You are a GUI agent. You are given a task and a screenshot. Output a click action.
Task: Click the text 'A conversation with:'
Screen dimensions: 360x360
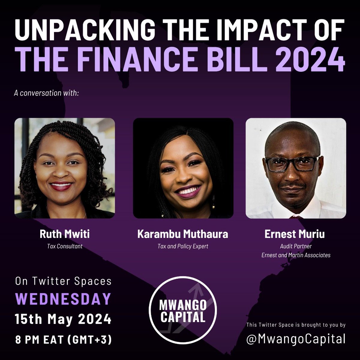coord(46,93)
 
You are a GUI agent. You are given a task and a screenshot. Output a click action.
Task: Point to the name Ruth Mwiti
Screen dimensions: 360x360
coord(64,234)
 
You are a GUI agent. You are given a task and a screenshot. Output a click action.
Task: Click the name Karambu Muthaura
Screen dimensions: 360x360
coord(183,234)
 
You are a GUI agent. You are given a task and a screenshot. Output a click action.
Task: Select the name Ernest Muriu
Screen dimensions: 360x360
coord(295,234)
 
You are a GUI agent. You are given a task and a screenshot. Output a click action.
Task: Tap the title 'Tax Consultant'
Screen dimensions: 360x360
coord(64,247)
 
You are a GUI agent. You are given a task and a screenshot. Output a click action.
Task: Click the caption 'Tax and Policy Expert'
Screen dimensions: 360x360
coord(183,247)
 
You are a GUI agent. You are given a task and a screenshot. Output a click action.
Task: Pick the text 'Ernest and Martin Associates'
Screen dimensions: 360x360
coord(295,255)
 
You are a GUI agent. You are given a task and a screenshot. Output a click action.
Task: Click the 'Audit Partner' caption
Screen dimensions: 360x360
coord(295,246)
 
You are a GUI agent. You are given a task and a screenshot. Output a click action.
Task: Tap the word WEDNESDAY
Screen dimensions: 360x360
coord(63,299)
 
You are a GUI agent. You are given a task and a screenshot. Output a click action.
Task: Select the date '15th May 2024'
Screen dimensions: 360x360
coord(63,319)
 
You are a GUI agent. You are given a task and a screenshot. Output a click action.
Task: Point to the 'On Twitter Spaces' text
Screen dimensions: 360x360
coord(63,281)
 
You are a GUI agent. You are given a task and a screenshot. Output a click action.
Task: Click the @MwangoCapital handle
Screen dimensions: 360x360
coord(295,339)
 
